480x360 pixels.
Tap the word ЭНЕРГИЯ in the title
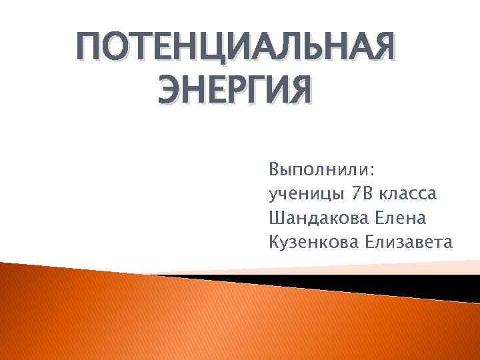tap(234, 91)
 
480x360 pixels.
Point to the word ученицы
tap(303, 194)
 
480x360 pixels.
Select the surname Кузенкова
tap(313, 241)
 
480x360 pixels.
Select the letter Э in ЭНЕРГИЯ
tap(170, 91)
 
